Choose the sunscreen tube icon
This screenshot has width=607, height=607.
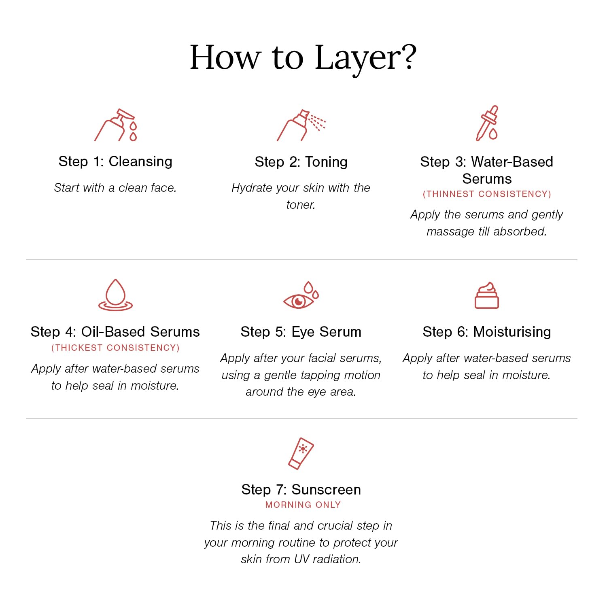point(301,454)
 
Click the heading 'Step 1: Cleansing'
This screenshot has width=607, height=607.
point(115,161)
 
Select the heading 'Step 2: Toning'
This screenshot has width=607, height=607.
point(301,162)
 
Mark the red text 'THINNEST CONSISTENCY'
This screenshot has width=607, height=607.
point(487,194)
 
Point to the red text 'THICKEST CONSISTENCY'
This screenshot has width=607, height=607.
point(115,348)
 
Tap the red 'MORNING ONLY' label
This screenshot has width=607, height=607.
point(303,505)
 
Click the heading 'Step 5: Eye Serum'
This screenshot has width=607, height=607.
point(301,332)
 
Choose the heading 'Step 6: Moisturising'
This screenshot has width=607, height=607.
point(487,332)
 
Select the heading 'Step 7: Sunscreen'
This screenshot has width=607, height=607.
point(301,490)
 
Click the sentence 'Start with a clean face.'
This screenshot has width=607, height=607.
point(115,188)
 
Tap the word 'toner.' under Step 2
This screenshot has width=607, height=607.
point(301,205)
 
